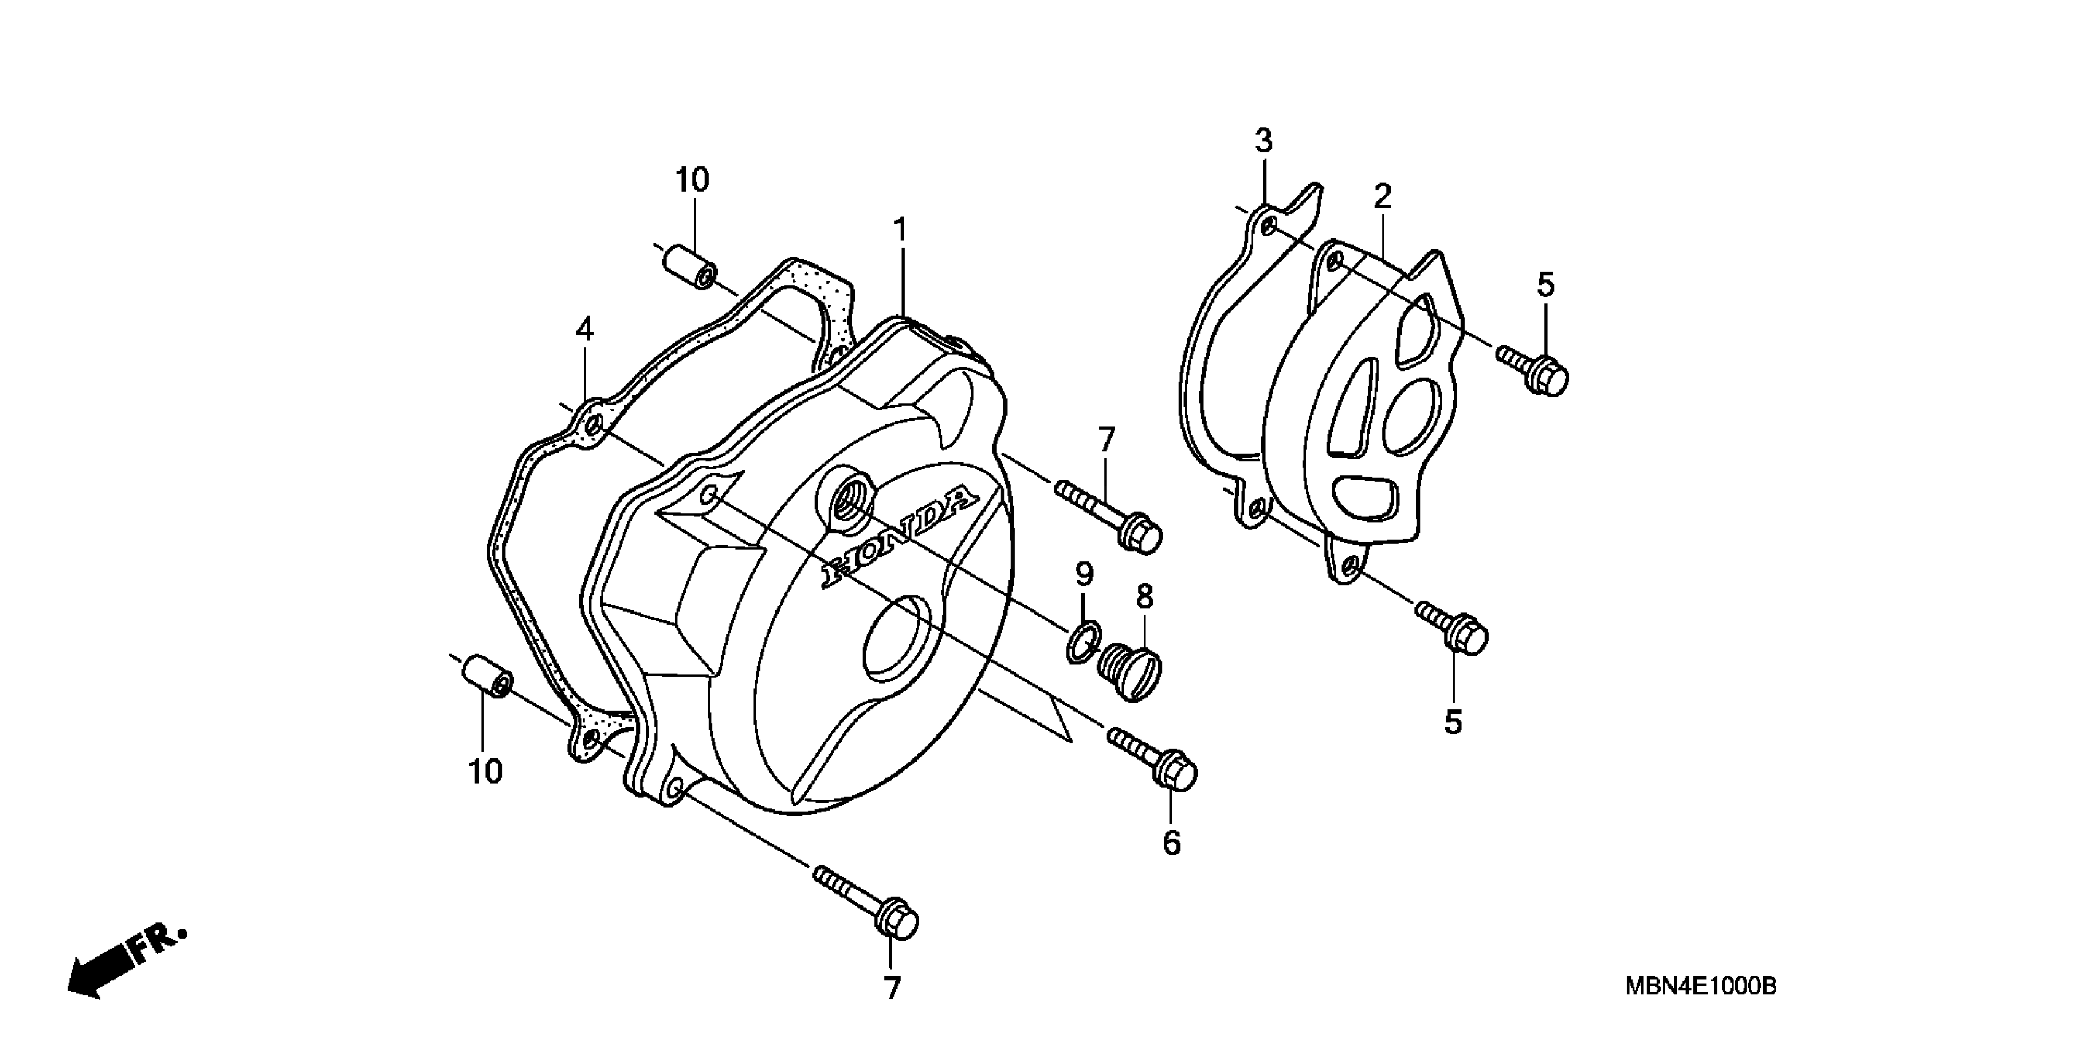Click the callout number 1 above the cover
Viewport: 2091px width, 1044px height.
pos(900,230)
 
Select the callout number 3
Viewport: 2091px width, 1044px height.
pos(1263,141)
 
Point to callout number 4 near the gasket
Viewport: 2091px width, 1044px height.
pos(584,329)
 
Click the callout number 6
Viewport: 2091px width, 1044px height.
pos(1171,843)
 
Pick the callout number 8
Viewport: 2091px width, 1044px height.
pos(1145,596)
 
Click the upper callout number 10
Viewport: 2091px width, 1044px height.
pos(692,179)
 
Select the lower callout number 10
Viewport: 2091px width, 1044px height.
pos(485,771)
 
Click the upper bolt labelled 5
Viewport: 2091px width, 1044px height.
pos(1534,369)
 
